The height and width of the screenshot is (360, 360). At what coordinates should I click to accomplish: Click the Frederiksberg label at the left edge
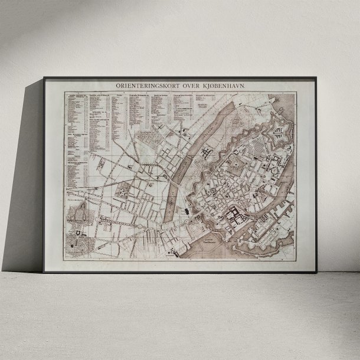(x=76, y=201)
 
